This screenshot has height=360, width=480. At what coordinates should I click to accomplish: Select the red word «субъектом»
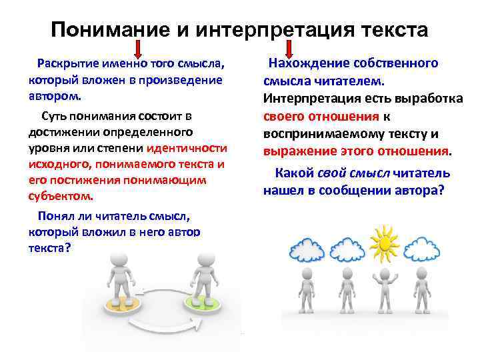tap(61, 196)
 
